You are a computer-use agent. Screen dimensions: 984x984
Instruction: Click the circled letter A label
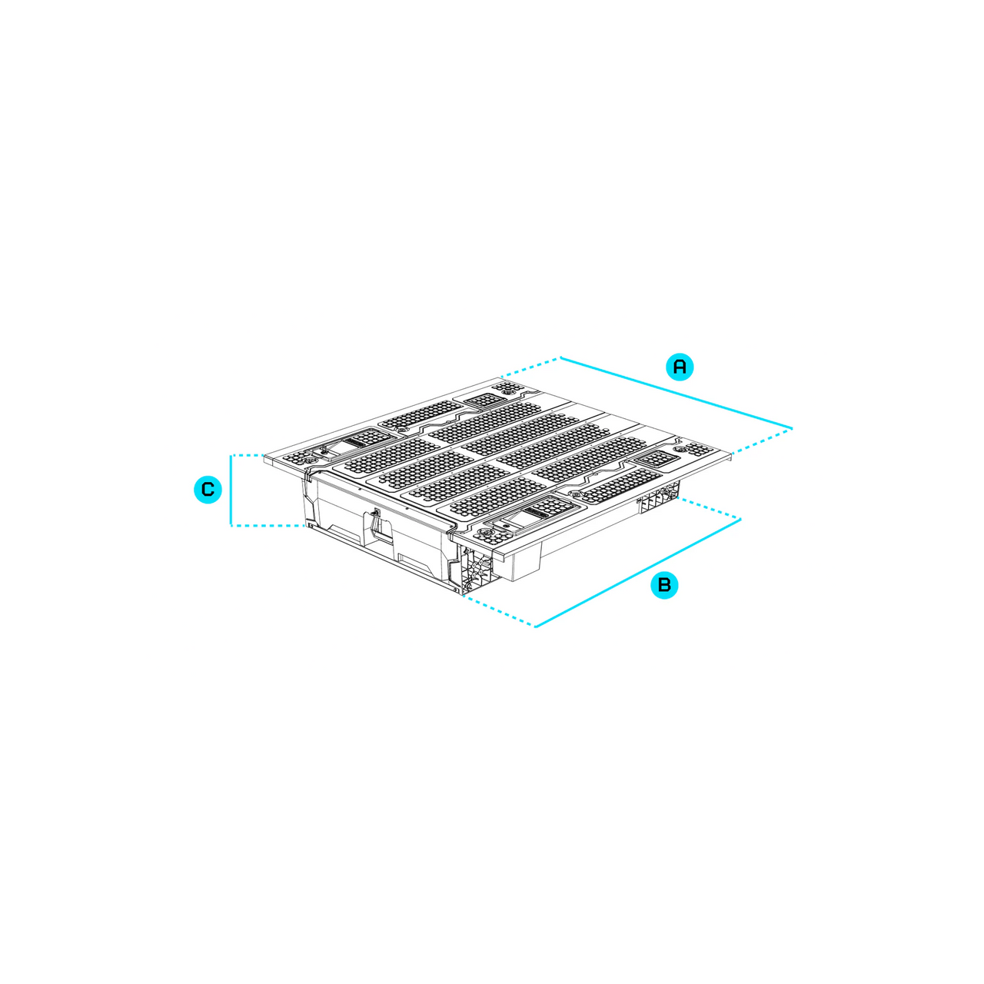pos(680,366)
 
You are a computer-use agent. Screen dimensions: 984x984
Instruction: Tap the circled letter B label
pos(664,585)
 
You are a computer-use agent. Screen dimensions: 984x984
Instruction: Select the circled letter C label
pos(208,490)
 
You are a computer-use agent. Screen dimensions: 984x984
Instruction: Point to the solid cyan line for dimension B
pos(638,573)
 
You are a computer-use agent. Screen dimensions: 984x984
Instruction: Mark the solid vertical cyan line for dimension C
pos(231,490)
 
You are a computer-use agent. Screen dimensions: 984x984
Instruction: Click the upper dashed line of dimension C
pos(247,455)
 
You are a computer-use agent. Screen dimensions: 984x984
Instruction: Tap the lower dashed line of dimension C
pos(267,526)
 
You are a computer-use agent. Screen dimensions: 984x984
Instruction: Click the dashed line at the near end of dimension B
pos(499,610)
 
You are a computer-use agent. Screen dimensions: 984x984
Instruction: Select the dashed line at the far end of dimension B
pos(710,509)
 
